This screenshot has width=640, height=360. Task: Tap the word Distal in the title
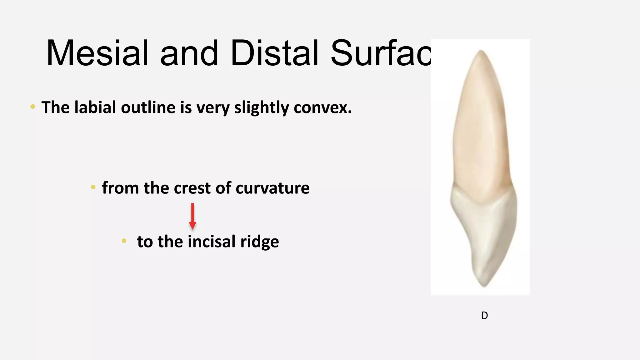(274, 53)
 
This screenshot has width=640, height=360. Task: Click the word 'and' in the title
(189, 53)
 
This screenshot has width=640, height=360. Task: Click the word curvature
(272, 188)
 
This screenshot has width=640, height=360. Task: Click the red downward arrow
(192, 217)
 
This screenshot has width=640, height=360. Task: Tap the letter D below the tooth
(484, 316)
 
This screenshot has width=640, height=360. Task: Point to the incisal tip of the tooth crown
(484, 285)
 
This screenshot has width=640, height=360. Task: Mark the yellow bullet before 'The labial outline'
(33, 107)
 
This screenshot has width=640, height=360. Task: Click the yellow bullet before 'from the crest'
(93, 187)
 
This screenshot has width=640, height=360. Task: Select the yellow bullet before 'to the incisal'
(124, 241)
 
